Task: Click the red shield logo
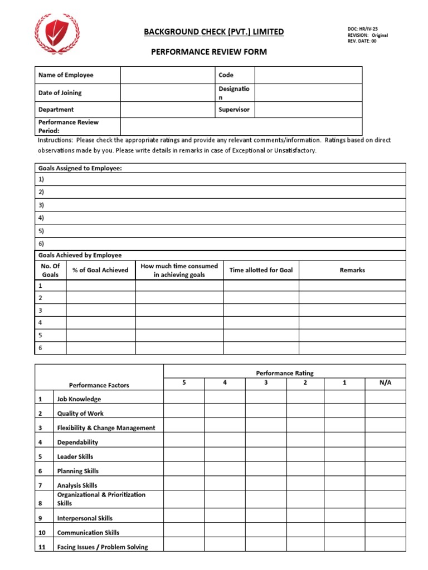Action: [57, 33]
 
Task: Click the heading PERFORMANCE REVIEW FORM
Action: [209, 52]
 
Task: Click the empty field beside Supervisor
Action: [308, 110]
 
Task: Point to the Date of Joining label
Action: [60, 93]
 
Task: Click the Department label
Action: [56, 110]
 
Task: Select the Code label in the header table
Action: [226, 75]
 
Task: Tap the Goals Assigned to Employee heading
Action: [80, 168]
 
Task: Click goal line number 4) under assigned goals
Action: [41, 218]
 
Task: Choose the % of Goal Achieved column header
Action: [100, 270]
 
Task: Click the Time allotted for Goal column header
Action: [261, 270]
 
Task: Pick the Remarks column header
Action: [352, 270]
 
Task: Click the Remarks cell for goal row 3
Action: [352, 310]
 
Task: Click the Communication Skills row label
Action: [88, 533]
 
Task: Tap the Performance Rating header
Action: [284, 374]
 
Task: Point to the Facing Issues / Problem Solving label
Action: [103, 547]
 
